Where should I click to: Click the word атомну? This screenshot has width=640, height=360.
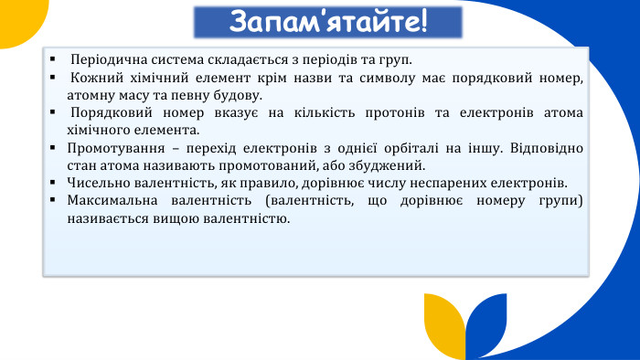[x=89, y=95]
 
